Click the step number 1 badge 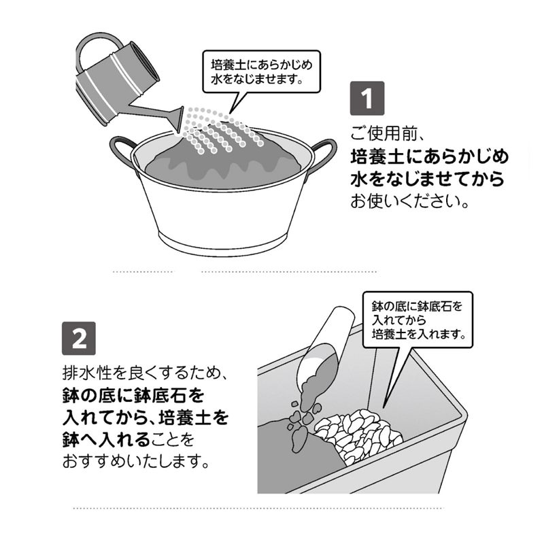pos(367,98)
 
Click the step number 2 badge pos(79,338)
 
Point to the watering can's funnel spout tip pos(180,120)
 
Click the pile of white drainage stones pos(358,435)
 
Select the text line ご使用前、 pos(387,133)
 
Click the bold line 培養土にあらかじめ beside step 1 pos(430,157)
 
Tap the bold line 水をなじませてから pos(427,179)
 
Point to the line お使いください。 pos(410,201)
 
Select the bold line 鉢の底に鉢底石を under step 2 pos(133,396)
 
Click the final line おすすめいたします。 pos(137,462)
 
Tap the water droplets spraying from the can pos(222,129)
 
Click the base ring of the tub pos(223,243)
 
